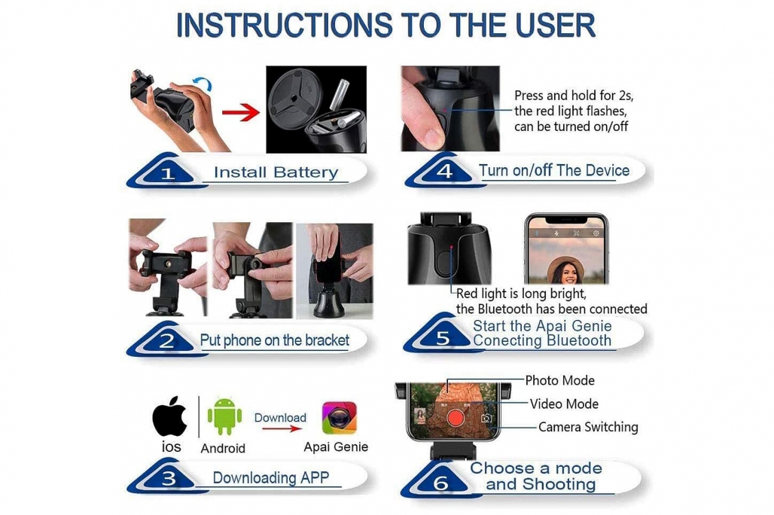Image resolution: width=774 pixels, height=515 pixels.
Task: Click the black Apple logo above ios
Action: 170,416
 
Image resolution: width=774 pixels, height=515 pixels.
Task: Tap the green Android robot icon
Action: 225,416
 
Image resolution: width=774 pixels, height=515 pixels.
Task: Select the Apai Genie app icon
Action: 339,419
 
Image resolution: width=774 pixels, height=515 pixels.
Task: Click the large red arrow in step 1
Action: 240,113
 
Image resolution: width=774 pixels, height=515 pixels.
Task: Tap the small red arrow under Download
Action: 282,428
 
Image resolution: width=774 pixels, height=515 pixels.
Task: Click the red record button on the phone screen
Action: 455,418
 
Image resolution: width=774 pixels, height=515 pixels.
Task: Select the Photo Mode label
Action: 559,380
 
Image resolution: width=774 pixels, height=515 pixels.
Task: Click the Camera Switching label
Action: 588,427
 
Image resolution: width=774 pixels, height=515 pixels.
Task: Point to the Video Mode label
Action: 564,404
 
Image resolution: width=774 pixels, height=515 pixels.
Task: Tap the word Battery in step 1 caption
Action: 306,172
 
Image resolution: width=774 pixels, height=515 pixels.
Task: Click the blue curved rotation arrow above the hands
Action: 203,83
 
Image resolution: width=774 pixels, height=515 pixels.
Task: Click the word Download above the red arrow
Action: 280,418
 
